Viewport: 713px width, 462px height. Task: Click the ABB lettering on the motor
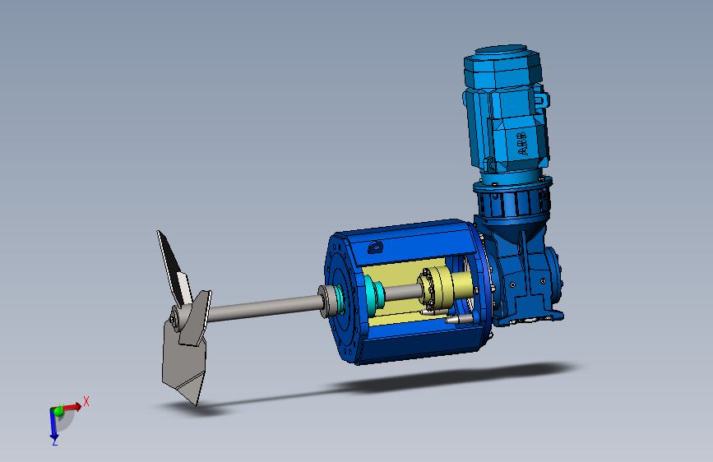[x=522, y=143]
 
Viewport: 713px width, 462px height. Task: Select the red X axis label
[x=86, y=401]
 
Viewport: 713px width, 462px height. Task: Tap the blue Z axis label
[x=54, y=441]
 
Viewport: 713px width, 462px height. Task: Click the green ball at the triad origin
[x=58, y=412]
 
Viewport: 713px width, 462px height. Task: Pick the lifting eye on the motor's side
[x=542, y=100]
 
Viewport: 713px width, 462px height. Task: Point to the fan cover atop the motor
[x=502, y=65]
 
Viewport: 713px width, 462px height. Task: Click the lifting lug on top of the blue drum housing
[x=376, y=247]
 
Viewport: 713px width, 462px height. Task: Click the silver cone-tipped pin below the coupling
[x=458, y=320]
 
